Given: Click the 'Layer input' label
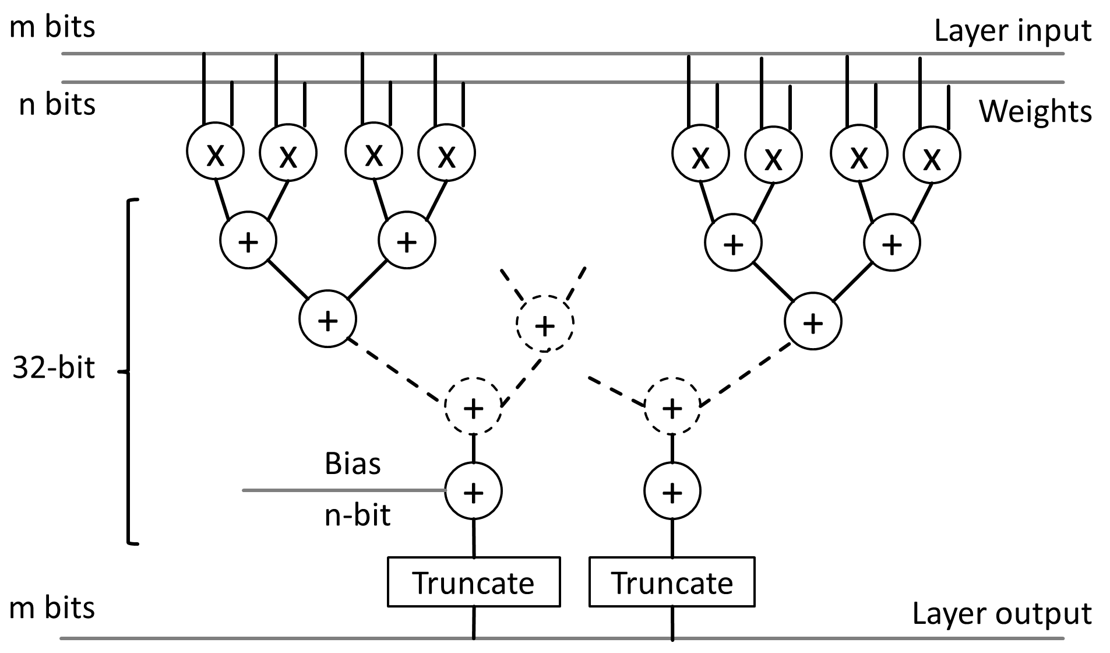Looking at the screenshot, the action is pyautogui.click(x=1013, y=30).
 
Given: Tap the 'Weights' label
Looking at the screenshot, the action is pyautogui.click(x=1035, y=111).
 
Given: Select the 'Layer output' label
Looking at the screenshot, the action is pyautogui.click(x=1002, y=614).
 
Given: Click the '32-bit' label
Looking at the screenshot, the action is pyautogui.click(x=54, y=368).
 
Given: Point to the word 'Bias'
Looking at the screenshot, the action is pyautogui.click(x=353, y=464).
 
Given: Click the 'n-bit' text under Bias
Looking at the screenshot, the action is pyautogui.click(x=357, y=515).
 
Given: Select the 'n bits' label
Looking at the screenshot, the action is pyautogui.click(x=57, y=104).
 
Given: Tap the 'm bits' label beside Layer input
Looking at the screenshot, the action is pyautogui.click(x=52, y=27).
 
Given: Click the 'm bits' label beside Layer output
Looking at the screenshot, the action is pyautogui.click(x=52, y=608).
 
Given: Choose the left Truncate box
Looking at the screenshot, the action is pyautogui.click(x=474, y=582).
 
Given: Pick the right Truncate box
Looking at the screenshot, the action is pyautogui.click(x=672, y=582).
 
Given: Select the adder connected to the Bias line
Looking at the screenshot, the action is pyautogui.click(x=474, y=491).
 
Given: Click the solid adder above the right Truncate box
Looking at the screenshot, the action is pyautogui.click(x=672, y=491).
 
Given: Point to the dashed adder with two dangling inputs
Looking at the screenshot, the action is pyautogui.click(x=545, y=323).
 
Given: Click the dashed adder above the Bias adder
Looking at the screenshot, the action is pyautogui.click(x=473, y=406).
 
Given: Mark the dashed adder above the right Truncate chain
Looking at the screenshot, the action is pyautogui.click(x=672, y=406).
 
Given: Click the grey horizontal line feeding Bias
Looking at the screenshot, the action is pyautogui.click(x=344, y=490).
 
